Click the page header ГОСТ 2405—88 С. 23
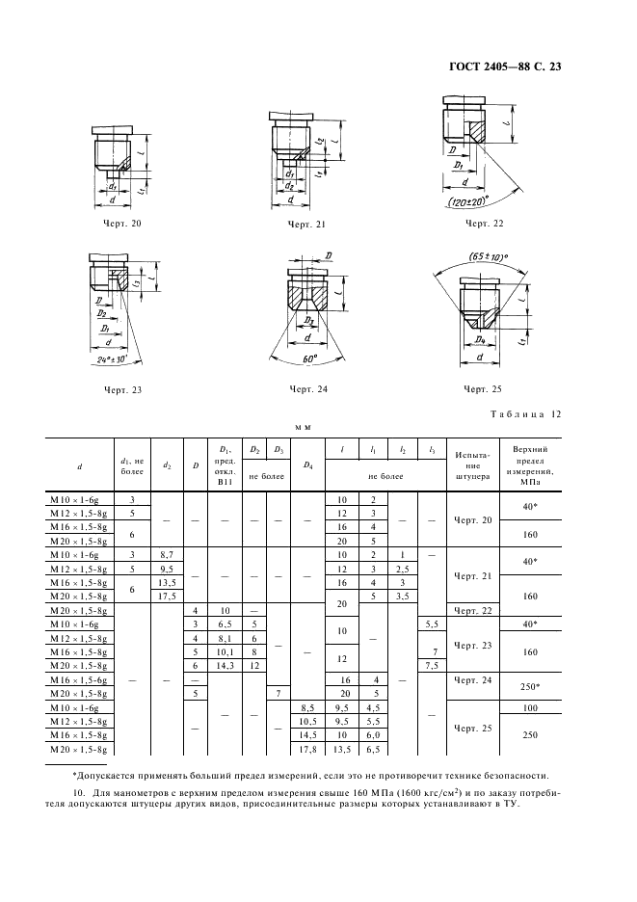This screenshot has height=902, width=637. (505, 66)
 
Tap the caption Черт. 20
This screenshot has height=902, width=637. (121, 224)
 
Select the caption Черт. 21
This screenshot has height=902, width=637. (306, 225)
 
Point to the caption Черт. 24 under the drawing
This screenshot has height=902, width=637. (308, 389)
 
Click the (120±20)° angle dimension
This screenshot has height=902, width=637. (466, 200)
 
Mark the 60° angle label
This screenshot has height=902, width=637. (309, 358)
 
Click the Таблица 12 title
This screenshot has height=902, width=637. (525, 414)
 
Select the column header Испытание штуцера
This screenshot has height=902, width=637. (472, 465)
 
